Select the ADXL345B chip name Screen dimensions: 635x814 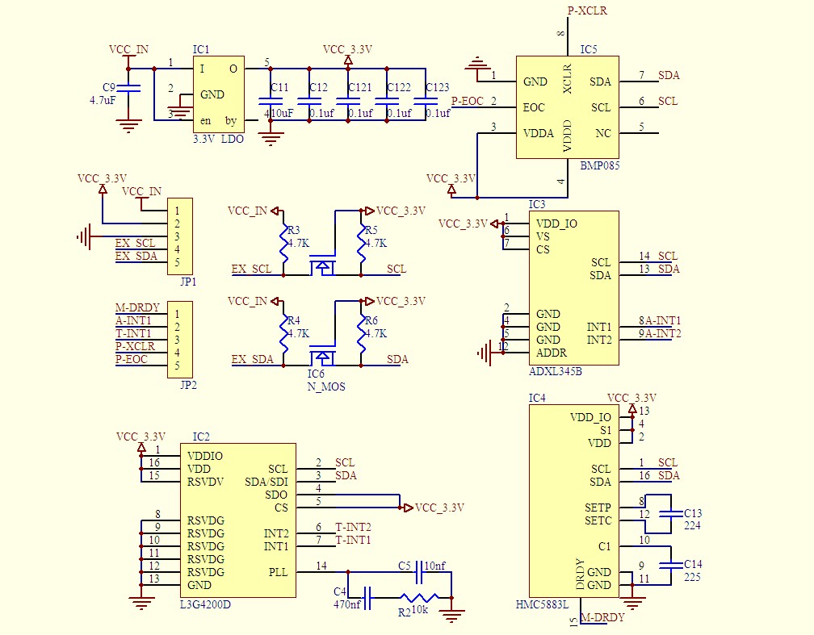pos(555,372)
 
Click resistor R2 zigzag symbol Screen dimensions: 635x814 pos(419,598)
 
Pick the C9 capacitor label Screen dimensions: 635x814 pos(109,87)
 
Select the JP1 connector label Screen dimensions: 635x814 pos(188,282)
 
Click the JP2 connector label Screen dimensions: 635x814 pos(188,385)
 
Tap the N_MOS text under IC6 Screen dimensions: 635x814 pos(326,386)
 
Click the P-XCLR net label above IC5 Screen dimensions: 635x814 pos(587,11)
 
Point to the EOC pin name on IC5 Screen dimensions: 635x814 pos(534,107)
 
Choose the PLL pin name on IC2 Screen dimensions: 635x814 pos(278,572)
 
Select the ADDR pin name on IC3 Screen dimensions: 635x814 pos(552,353)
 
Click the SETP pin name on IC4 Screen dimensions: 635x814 pos(598,508)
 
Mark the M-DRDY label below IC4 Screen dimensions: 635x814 pos(602,617)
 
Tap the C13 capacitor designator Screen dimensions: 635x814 pos(693,513)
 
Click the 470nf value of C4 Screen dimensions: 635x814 pos(347,604)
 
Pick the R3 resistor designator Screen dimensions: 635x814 pos(293,230)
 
